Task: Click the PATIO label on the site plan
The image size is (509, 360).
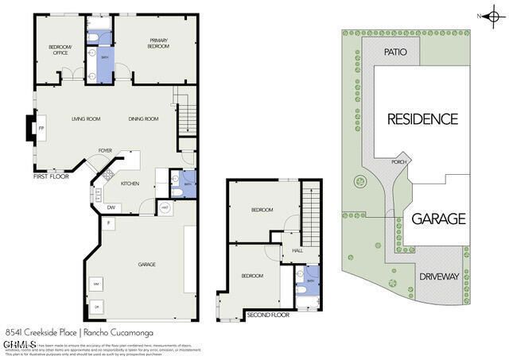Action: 395,52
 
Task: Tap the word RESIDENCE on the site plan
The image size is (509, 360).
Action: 422,119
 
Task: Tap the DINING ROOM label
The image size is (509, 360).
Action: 144,119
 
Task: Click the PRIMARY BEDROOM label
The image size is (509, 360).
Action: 158,44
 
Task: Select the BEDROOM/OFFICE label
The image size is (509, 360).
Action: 60,50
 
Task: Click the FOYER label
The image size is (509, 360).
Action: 105,150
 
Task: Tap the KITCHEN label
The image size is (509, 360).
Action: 130,184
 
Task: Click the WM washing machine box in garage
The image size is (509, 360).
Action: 95,284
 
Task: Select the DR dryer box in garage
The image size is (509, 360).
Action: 96,307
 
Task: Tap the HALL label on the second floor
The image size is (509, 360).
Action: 297,250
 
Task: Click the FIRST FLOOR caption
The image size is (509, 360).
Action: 50,176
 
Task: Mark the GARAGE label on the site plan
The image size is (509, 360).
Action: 438,219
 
